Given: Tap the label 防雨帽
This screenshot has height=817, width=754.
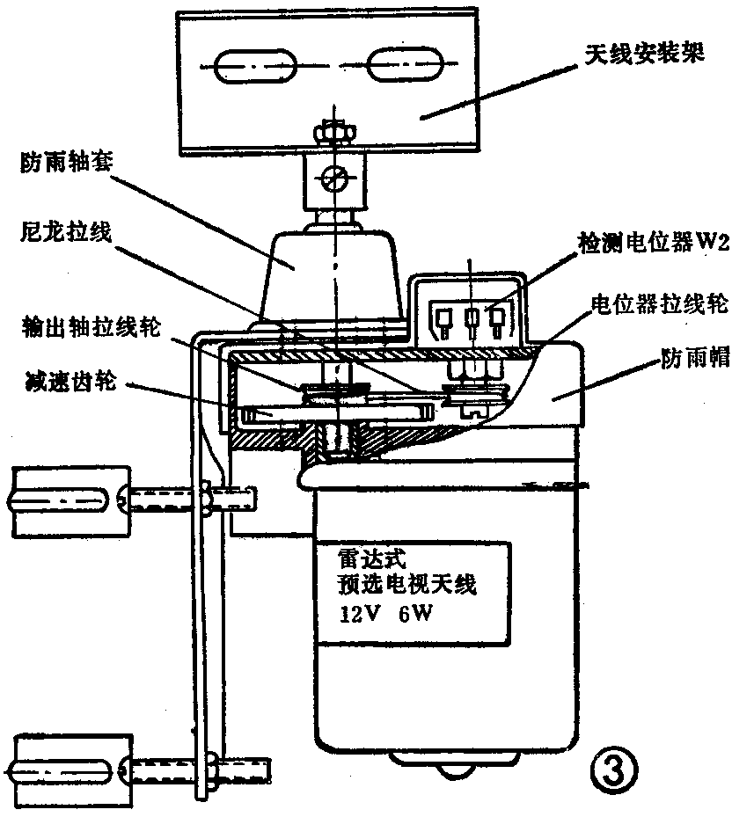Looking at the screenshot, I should point(695,360).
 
